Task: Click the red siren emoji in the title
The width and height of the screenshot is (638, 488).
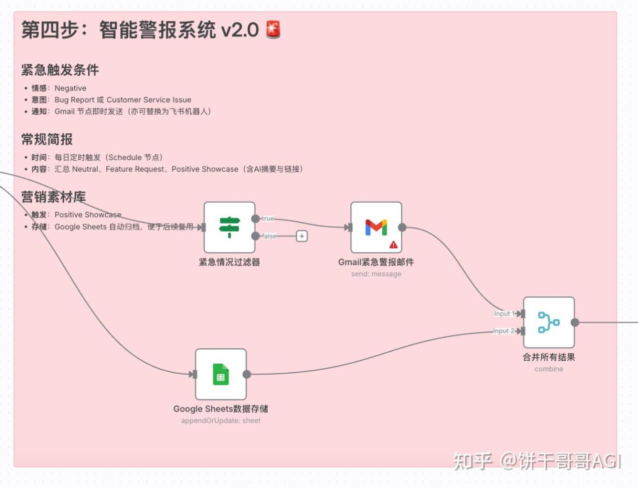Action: pyautogui.click(x=273, y=29)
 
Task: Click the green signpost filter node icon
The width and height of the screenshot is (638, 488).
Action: pyautogui.click(x=229, y=227)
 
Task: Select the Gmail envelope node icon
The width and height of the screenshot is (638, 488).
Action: pyautogui.click(x=376, y=227)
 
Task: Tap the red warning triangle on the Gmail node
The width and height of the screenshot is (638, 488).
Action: pyautogui.click(x=393, y=244)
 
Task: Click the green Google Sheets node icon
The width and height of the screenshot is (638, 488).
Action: pyautogui.click(x=221, y=374)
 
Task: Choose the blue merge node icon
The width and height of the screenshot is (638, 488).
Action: pyautogui.click(x=548, y=322)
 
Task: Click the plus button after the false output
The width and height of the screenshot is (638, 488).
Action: pyautogui.click(x=302, y=236)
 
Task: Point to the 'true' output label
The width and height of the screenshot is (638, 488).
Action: pyautogui.click(x=268, y=219)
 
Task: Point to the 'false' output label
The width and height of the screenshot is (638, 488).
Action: pyautogui.click(x=269, y=236)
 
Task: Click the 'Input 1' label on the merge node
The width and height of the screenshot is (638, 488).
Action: pyautogui.click(x=504, y=313)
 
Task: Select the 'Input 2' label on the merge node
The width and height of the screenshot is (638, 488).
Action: pyautogui.click(x=503, y=331)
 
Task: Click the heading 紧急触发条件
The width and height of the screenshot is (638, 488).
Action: pyautogui.click(x=60, y=70)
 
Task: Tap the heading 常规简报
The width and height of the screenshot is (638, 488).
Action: pyautogui.click(x=47, y=139)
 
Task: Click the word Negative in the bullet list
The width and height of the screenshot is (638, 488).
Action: pyautogui.click(x=70, y=88)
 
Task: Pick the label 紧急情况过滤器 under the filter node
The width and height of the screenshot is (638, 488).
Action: pyautogui.click(x=229, y=262)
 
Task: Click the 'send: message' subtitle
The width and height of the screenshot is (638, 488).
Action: pyautogui.click(x=376, y=274)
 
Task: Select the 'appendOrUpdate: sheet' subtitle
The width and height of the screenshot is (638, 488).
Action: pyautogui.click(x=221, y=421)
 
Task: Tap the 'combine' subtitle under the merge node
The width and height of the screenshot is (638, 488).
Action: pyautogui.click(x=549, y=369)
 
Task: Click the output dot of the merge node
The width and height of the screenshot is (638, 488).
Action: pyautogui.click(x=575, y=322)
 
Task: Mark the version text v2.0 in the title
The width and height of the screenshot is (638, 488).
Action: pyautogui.click(x=240, y=30)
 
